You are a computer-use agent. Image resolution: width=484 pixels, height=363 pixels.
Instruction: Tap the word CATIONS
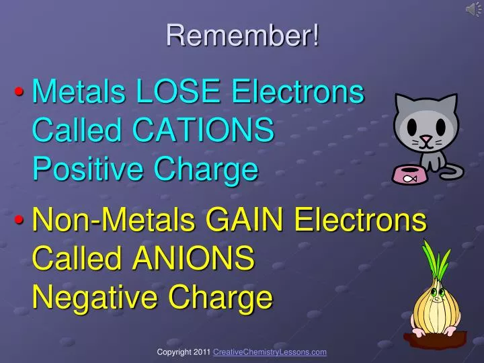pos(203,130)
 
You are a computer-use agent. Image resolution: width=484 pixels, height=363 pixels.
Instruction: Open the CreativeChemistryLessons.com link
pos(270,352)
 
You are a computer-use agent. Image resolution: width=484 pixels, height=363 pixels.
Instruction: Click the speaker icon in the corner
pos(473,8)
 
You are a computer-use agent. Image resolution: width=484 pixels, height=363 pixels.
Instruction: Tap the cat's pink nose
pos(425,139)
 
